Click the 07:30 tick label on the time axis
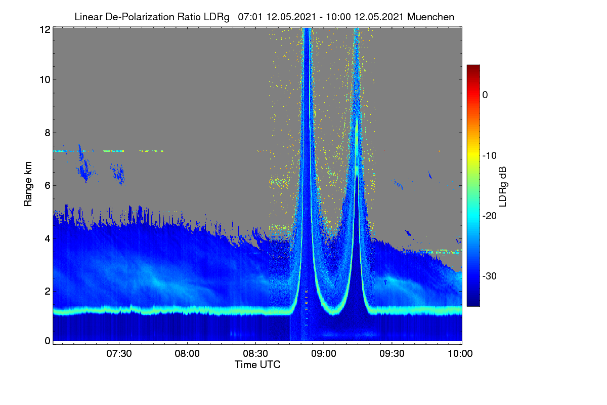[119, 354]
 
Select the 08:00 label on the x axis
[187, 354]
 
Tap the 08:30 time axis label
[255, 354]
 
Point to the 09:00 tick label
[324, 354]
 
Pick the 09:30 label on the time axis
[392, 354]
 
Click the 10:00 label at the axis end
[460, 354]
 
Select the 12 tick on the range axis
[45, 29]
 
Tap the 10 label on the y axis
[45, 80]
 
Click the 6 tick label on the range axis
[48, 186]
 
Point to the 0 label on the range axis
[48, 341]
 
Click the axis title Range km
[28, 184]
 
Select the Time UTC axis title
[257, 364]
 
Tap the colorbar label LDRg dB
[503, 187]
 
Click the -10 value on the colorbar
[490, 156]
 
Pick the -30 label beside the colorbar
[490, 276]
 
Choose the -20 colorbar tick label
[490, 216]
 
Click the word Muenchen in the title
[430, 17]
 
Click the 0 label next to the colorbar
[485, 95]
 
